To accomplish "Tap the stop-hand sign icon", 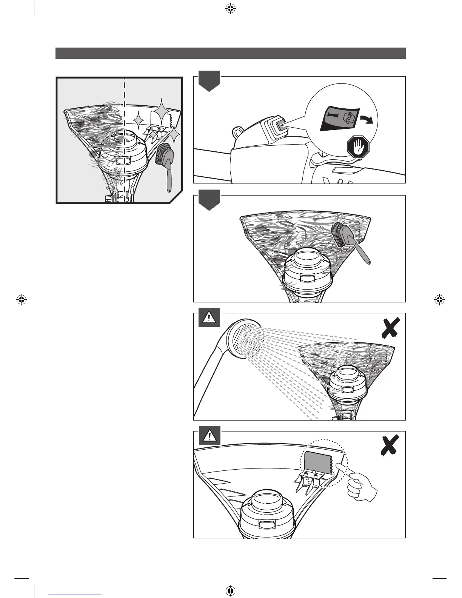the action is [x=358, y=147].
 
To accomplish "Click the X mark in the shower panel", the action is [x=390, y=328].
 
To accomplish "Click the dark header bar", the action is [x=230, y=53].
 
